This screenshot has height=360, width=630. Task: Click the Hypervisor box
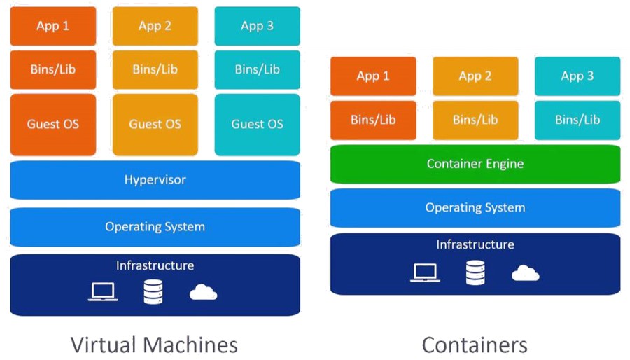(155, 179)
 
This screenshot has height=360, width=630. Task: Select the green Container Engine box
(475, 164)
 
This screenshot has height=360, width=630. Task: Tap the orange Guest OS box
(53, 125)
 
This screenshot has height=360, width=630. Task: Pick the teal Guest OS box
(257, 125)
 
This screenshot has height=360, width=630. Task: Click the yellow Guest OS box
(155, 125)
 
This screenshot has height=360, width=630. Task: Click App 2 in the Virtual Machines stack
(155, 26)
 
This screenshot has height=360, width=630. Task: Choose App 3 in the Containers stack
(577, 76)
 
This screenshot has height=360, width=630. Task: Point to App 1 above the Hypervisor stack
(53, 26)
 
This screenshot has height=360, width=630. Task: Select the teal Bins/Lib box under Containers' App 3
(577, 120)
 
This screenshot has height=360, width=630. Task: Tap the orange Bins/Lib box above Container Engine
(373, 120)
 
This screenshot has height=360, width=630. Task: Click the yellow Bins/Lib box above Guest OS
(155, 69)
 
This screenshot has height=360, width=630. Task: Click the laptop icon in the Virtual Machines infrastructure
(103, 292)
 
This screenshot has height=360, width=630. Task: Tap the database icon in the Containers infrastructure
(475, 272)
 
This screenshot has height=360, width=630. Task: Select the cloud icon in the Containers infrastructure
(526, 273)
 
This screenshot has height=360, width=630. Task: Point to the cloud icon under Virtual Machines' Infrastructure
(203, 292)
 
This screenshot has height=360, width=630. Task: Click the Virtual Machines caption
(154, 345)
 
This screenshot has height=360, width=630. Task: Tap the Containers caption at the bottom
(475, 345)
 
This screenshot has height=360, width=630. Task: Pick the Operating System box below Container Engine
(475, 208)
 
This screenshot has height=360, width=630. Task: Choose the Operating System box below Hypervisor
(155, 227)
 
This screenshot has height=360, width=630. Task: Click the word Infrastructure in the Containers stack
(475, 244)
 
